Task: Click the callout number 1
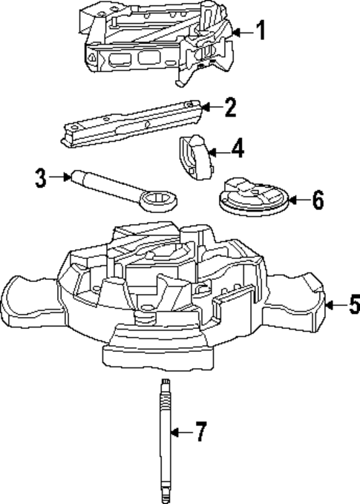point(261,30)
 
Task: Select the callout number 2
point(230,108)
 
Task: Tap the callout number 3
point(41,177)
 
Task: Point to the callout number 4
point(237,150)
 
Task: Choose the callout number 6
point(317,200)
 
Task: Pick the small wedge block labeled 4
point(192,156)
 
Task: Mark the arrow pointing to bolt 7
point(183,432)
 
